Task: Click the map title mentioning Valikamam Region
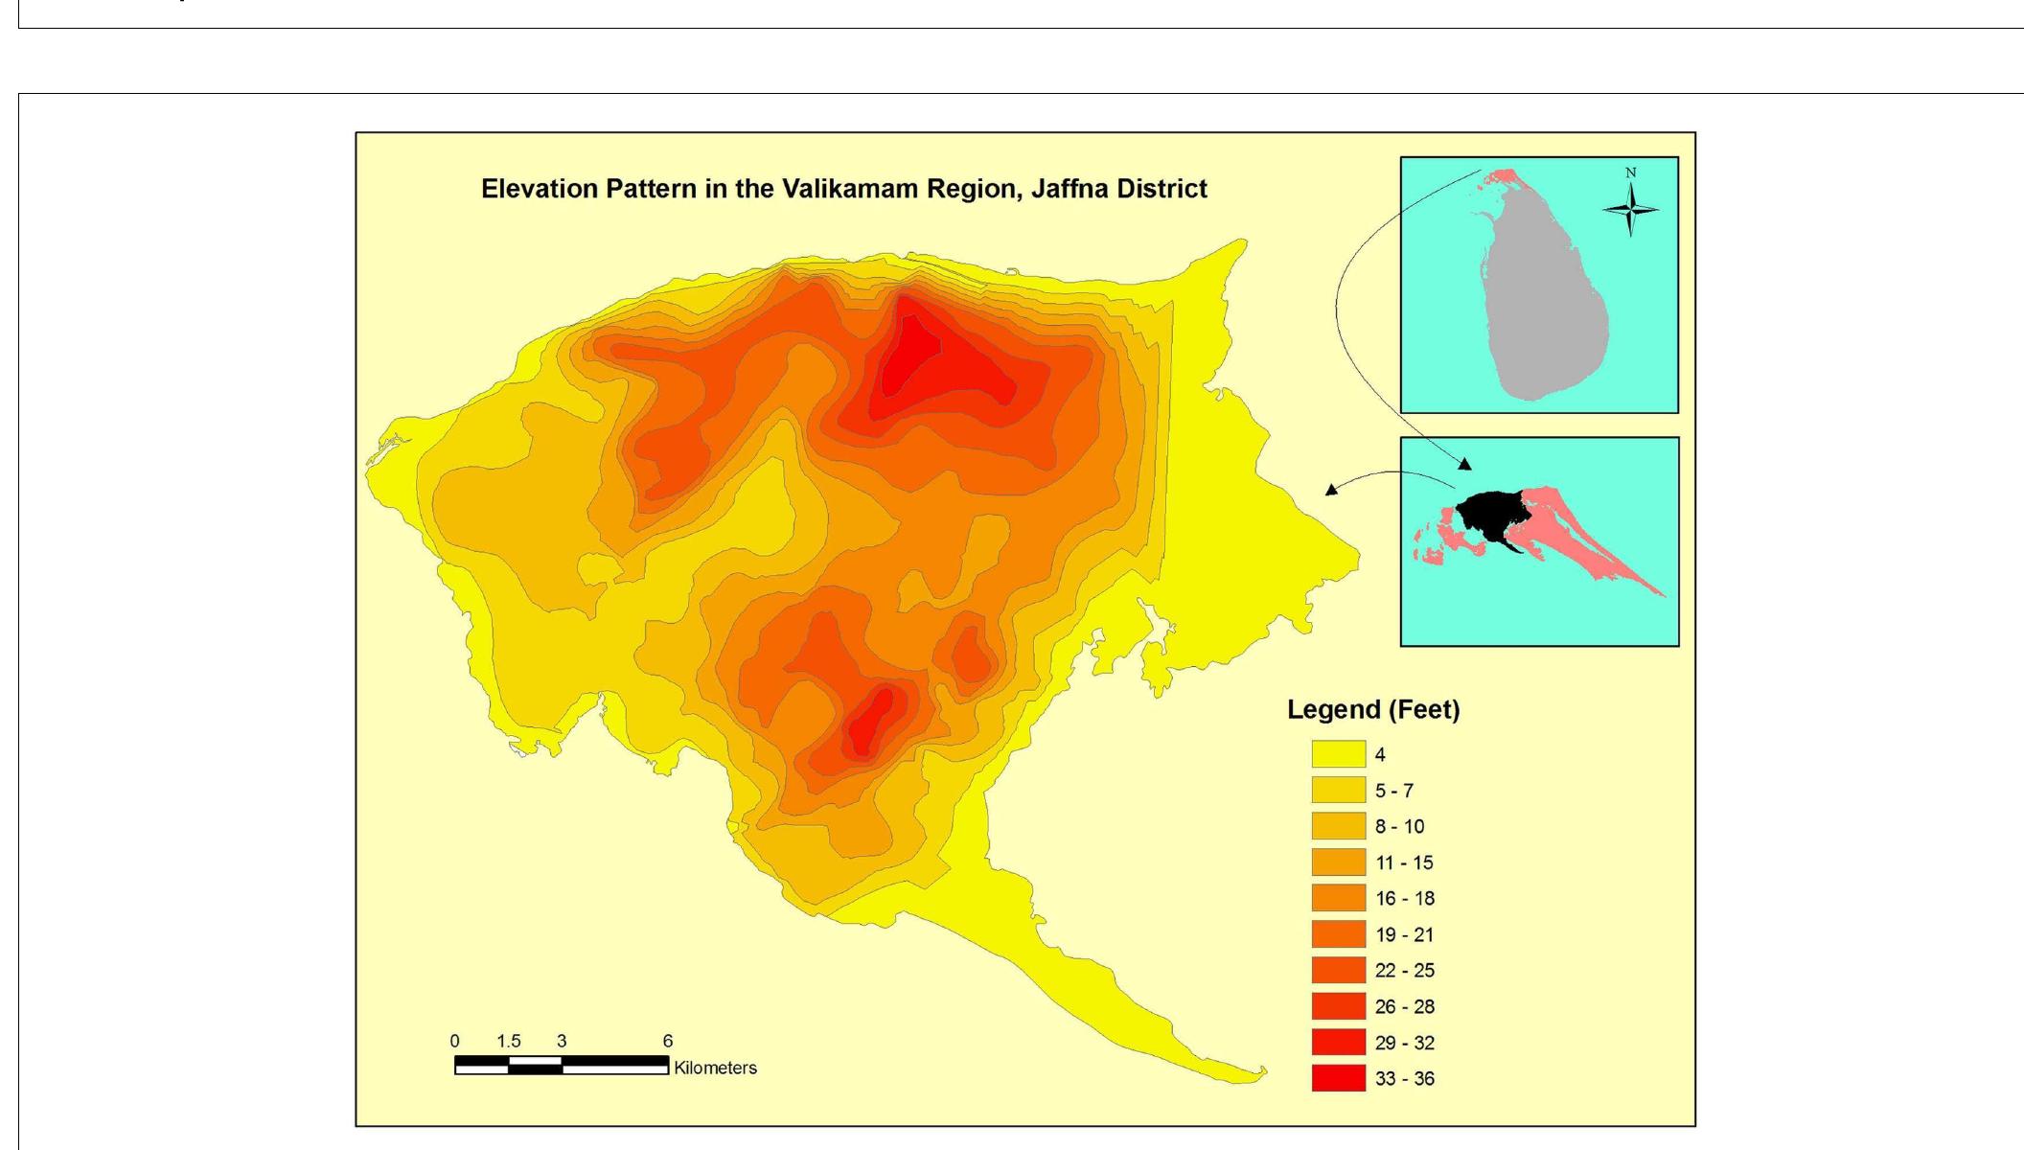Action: click(x=843, y=189)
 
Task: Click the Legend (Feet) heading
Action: click(x=1372, y=710)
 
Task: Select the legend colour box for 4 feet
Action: click(x=1338, y=754)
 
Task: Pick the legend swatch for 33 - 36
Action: click(x=1338, y=1078)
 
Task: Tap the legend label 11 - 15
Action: click(x=1404, y=862)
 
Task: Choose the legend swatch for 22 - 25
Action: click(x=1338, y=970)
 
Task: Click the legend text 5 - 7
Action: click(x=1393, y=791)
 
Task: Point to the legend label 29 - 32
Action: click(x=1404, y=1043)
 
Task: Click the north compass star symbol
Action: click(x=1630, y=209)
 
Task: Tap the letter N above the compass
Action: click(x=1630, y=172)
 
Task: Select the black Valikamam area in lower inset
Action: click(x=1490, y=513)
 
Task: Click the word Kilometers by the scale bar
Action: click(x=715, y=1068)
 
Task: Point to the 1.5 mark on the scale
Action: click(x=508, y=1041)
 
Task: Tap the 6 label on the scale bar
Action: click(x=668, y=1041)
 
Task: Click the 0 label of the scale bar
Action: click(x=454, y=1041)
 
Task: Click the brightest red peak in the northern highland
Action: click(x=910, y=359)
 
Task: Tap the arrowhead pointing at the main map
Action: click(x=1330, y=490)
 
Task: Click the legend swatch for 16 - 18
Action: click(x=1338, y=898)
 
